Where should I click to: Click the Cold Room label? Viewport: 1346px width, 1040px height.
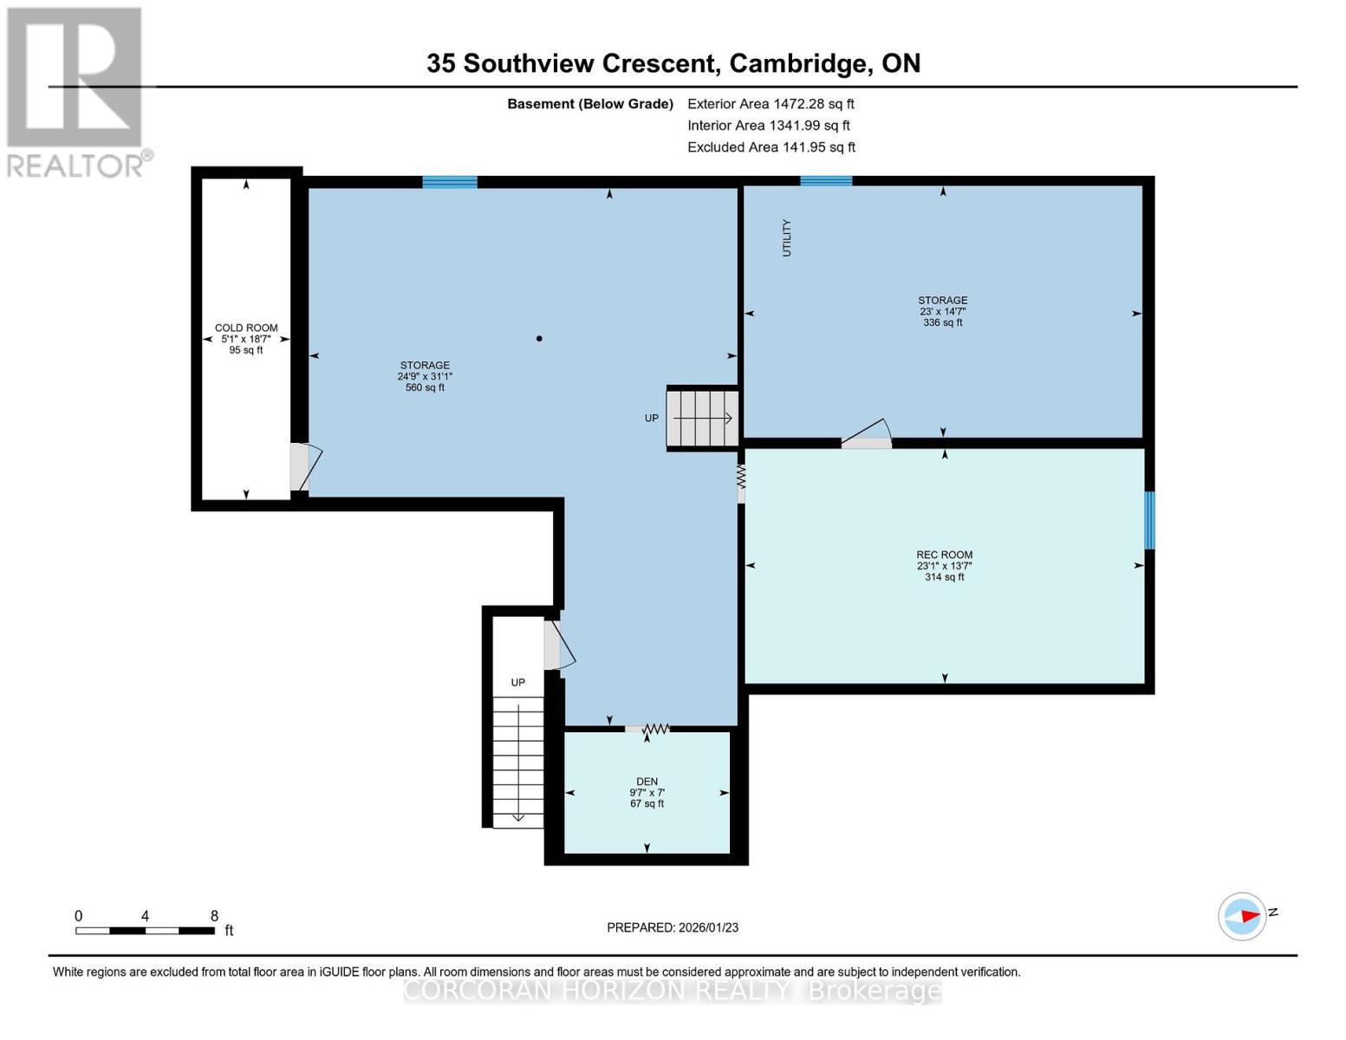click(x=246, y=328)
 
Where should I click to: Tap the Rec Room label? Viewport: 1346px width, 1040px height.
click(x=944, y=555)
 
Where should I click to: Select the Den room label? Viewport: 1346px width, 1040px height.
click(x=647, y=782)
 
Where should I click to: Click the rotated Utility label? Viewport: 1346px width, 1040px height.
click(x=787, y=237)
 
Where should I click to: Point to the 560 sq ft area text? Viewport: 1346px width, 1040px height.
click(x=425, y=387)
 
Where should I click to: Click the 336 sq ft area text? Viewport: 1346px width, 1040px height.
click(x=943, y=322)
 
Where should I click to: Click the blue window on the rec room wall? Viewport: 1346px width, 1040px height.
click(x=1149, y=520)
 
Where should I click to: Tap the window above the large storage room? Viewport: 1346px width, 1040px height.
click(x=449, y=182)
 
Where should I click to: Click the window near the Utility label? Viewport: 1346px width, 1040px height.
click(x=826, y=181)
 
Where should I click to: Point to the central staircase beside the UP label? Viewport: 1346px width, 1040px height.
click(x=702, y=419)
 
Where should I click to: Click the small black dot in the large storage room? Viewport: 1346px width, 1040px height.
click(x=539, y=339)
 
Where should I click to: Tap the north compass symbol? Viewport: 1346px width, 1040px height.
click(x=1243, y=916)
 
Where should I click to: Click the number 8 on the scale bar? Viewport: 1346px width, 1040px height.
click(x=214, y=916)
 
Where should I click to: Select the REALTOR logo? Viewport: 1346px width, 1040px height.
click(x=76, y=91)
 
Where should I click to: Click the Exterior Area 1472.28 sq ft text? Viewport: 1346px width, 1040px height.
click(x=771, y=104)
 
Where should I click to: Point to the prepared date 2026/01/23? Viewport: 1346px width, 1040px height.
click(x=673, y=927)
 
